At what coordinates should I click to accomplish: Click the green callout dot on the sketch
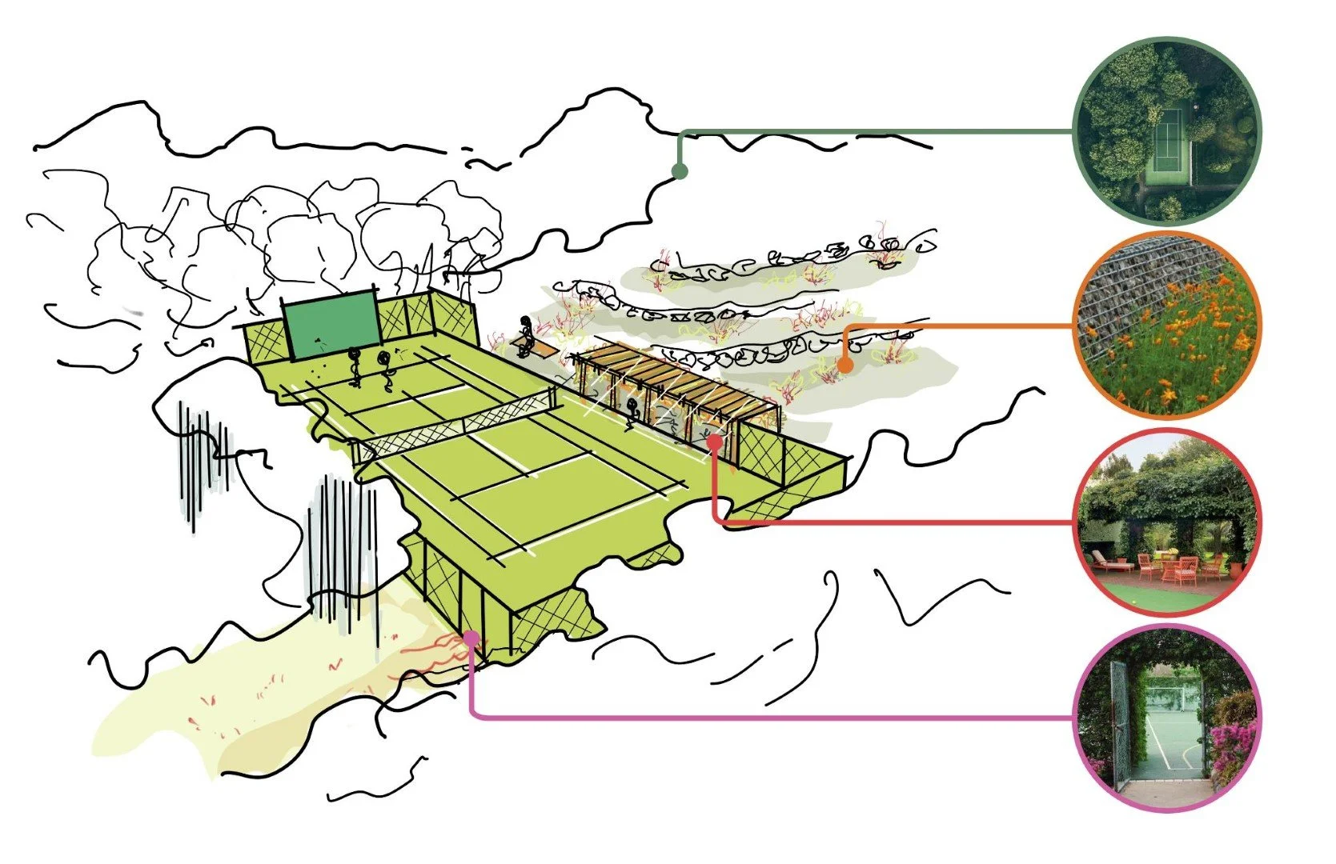coord(680,170)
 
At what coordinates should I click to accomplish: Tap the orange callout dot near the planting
coord(845,366)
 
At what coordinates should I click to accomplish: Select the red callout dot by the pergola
coord(715,439)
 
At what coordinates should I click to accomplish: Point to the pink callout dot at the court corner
coord(471,638)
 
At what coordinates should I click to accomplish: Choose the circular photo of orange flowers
coord(1168,324)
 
